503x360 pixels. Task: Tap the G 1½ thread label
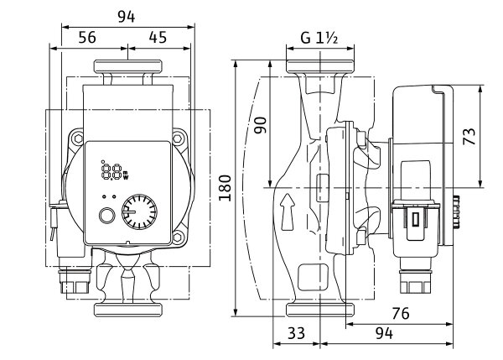(x=318, y=38)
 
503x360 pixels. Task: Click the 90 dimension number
(x=262, y=127)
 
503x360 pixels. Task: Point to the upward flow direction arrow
(x=288, y=211)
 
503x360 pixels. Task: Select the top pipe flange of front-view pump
(x=127, y=66)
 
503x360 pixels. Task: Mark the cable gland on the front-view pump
(x=70, y=277)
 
